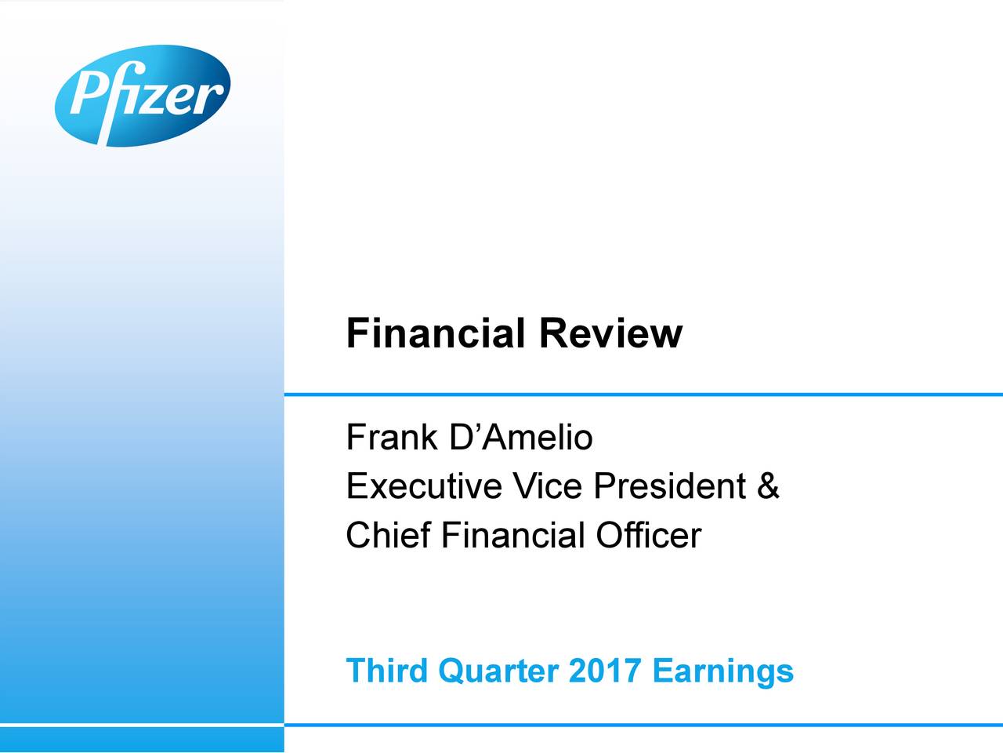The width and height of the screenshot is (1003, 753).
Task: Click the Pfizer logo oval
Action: [x=143, y=96]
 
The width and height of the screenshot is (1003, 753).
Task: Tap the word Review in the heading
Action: [x=611, y=333]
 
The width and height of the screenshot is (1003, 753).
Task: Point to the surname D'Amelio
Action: [x=521, y=437]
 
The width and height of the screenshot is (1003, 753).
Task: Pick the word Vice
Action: [x=547, y=486]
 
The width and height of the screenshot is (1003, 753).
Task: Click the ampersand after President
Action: [x=768, y=486]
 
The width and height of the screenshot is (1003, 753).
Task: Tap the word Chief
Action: [x=389, y=534]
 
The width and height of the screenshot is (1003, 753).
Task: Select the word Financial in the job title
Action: [x=513, y=534]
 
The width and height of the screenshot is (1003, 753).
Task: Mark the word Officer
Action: [x=649, y=534]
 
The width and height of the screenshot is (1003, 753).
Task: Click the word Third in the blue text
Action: [x=386, y=671]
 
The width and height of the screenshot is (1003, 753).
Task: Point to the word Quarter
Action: [x=498, y=671]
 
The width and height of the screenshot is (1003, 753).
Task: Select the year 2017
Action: [x=604, y=671]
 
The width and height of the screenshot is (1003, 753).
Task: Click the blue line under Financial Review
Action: [x=643, y=395]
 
